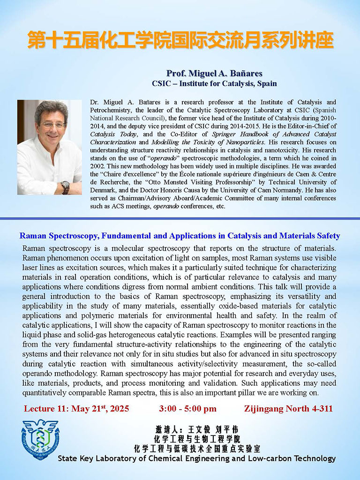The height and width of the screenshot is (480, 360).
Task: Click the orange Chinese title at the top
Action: [180, 41]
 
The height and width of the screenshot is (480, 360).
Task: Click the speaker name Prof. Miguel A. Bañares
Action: [214, 74]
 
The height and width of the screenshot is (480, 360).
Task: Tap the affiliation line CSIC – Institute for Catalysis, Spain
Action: [214, 83]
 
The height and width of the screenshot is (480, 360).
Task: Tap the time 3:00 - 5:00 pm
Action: [187, 409]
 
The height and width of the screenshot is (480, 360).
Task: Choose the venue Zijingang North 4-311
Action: [288, 409]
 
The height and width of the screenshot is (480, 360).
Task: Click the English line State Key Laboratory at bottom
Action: [197, 458]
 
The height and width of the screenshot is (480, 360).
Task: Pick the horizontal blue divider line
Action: [180, 218]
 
